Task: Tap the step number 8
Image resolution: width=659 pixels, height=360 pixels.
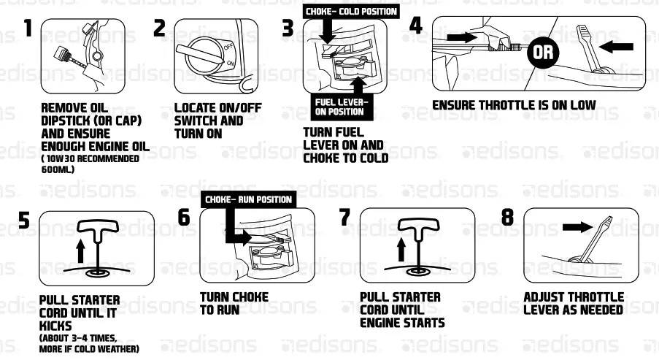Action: coord(509,218)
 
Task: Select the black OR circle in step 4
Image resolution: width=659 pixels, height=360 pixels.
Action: coord(542,52)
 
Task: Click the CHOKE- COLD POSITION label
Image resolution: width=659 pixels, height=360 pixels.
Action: coord(351,11)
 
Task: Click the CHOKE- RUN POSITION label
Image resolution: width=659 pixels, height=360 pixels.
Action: coord(247,199)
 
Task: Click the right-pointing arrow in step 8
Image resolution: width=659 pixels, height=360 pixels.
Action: coord(577,227)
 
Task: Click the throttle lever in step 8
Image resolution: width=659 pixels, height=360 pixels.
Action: coord(598,237)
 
